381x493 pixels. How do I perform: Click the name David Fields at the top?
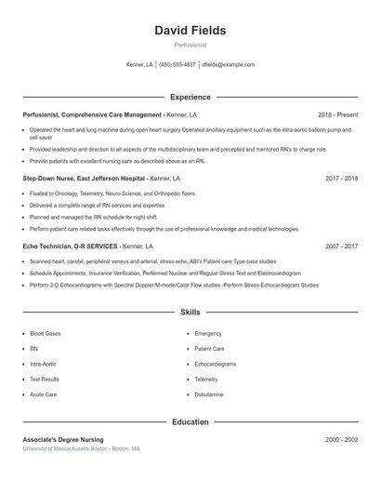190,31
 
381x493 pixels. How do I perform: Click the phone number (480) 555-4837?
177,65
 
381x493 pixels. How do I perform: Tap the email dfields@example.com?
228,65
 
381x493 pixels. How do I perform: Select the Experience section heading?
190,97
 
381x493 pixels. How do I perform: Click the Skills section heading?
190,313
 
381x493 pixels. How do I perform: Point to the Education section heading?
190,422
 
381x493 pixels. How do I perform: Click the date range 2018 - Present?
337,114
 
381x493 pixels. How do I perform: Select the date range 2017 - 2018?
341,178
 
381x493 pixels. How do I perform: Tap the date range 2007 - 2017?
341,246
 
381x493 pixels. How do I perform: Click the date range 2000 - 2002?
341,439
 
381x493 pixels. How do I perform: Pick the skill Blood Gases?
46,333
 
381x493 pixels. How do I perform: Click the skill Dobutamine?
208,394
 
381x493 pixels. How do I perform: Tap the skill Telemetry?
206,380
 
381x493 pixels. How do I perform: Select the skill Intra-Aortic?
43,364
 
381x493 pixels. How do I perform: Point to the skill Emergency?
208,333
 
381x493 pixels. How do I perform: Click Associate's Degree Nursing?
63,439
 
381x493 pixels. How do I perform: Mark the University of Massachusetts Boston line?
81,448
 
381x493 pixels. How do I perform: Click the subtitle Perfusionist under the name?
190,45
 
